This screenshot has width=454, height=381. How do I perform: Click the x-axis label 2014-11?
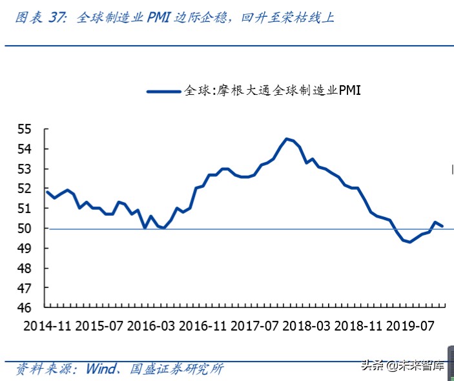(47, 326)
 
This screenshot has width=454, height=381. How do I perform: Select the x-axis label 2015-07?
(99, 326)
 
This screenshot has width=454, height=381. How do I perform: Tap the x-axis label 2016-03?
(151, 326)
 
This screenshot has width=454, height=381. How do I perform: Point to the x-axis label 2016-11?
(203, 326)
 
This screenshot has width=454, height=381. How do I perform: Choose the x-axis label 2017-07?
(255, 326)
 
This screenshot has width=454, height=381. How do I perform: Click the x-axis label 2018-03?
(307, 326)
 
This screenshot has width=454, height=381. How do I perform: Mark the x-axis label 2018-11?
(359, 326)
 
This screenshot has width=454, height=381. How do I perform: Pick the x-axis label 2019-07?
(411, 326)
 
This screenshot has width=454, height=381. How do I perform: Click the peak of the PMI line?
(286, 139)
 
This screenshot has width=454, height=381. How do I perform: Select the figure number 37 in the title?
(57, 18)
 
